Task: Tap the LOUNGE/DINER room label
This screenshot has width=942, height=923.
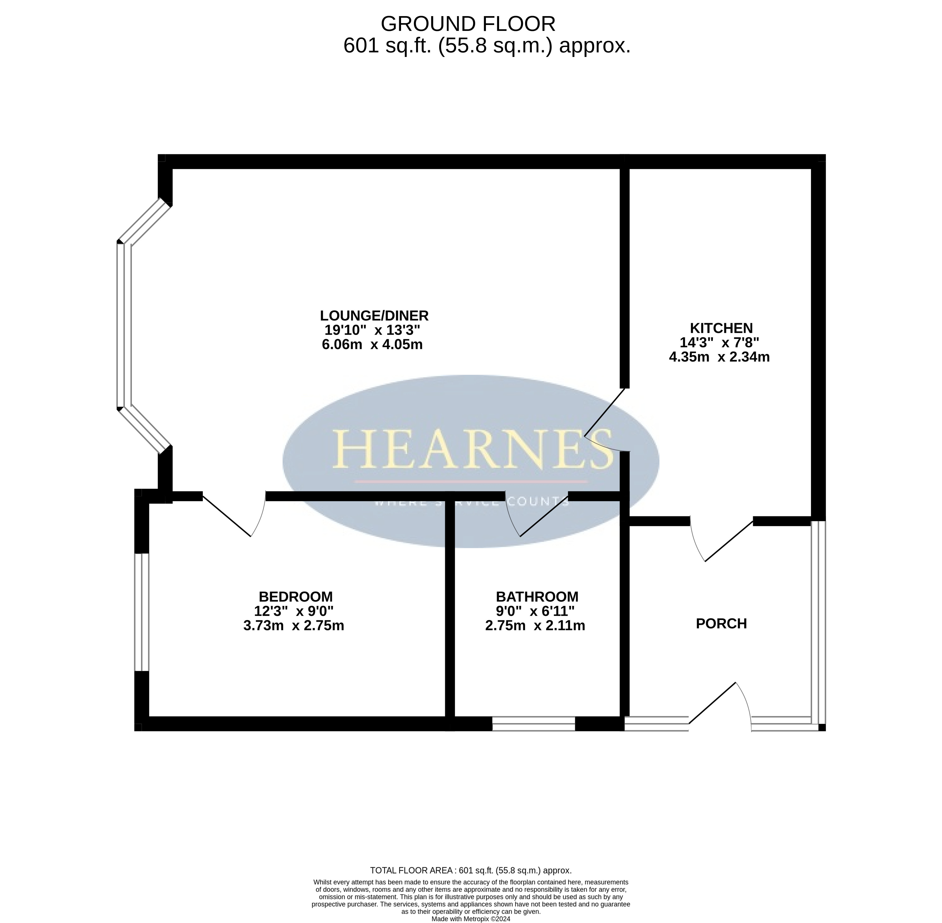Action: pyautogui.click(x=374, y=316)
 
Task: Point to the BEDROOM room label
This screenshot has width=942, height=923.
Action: pyautogui.click(x=296, y=596)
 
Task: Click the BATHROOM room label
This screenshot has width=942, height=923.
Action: pyautogui.click(x=537, y=596)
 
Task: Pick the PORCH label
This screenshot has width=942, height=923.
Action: pyautogui.click(x=721, y=623)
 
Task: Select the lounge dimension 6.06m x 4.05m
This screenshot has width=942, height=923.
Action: pyautogui.click(x=372, y=345)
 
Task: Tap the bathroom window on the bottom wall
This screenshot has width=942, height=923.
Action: pyautogui.click(x=534, y=724)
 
